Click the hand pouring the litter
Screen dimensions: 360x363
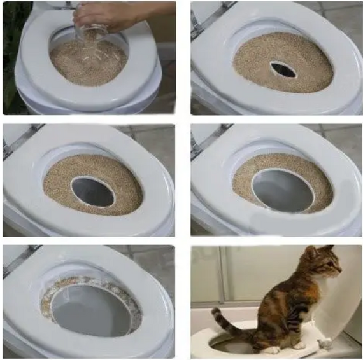pos(108,14)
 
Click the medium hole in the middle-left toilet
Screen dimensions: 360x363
pos(93,191)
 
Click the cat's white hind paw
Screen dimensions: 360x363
pos(271,349)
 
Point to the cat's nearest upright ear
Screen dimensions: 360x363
pos(311,252)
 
